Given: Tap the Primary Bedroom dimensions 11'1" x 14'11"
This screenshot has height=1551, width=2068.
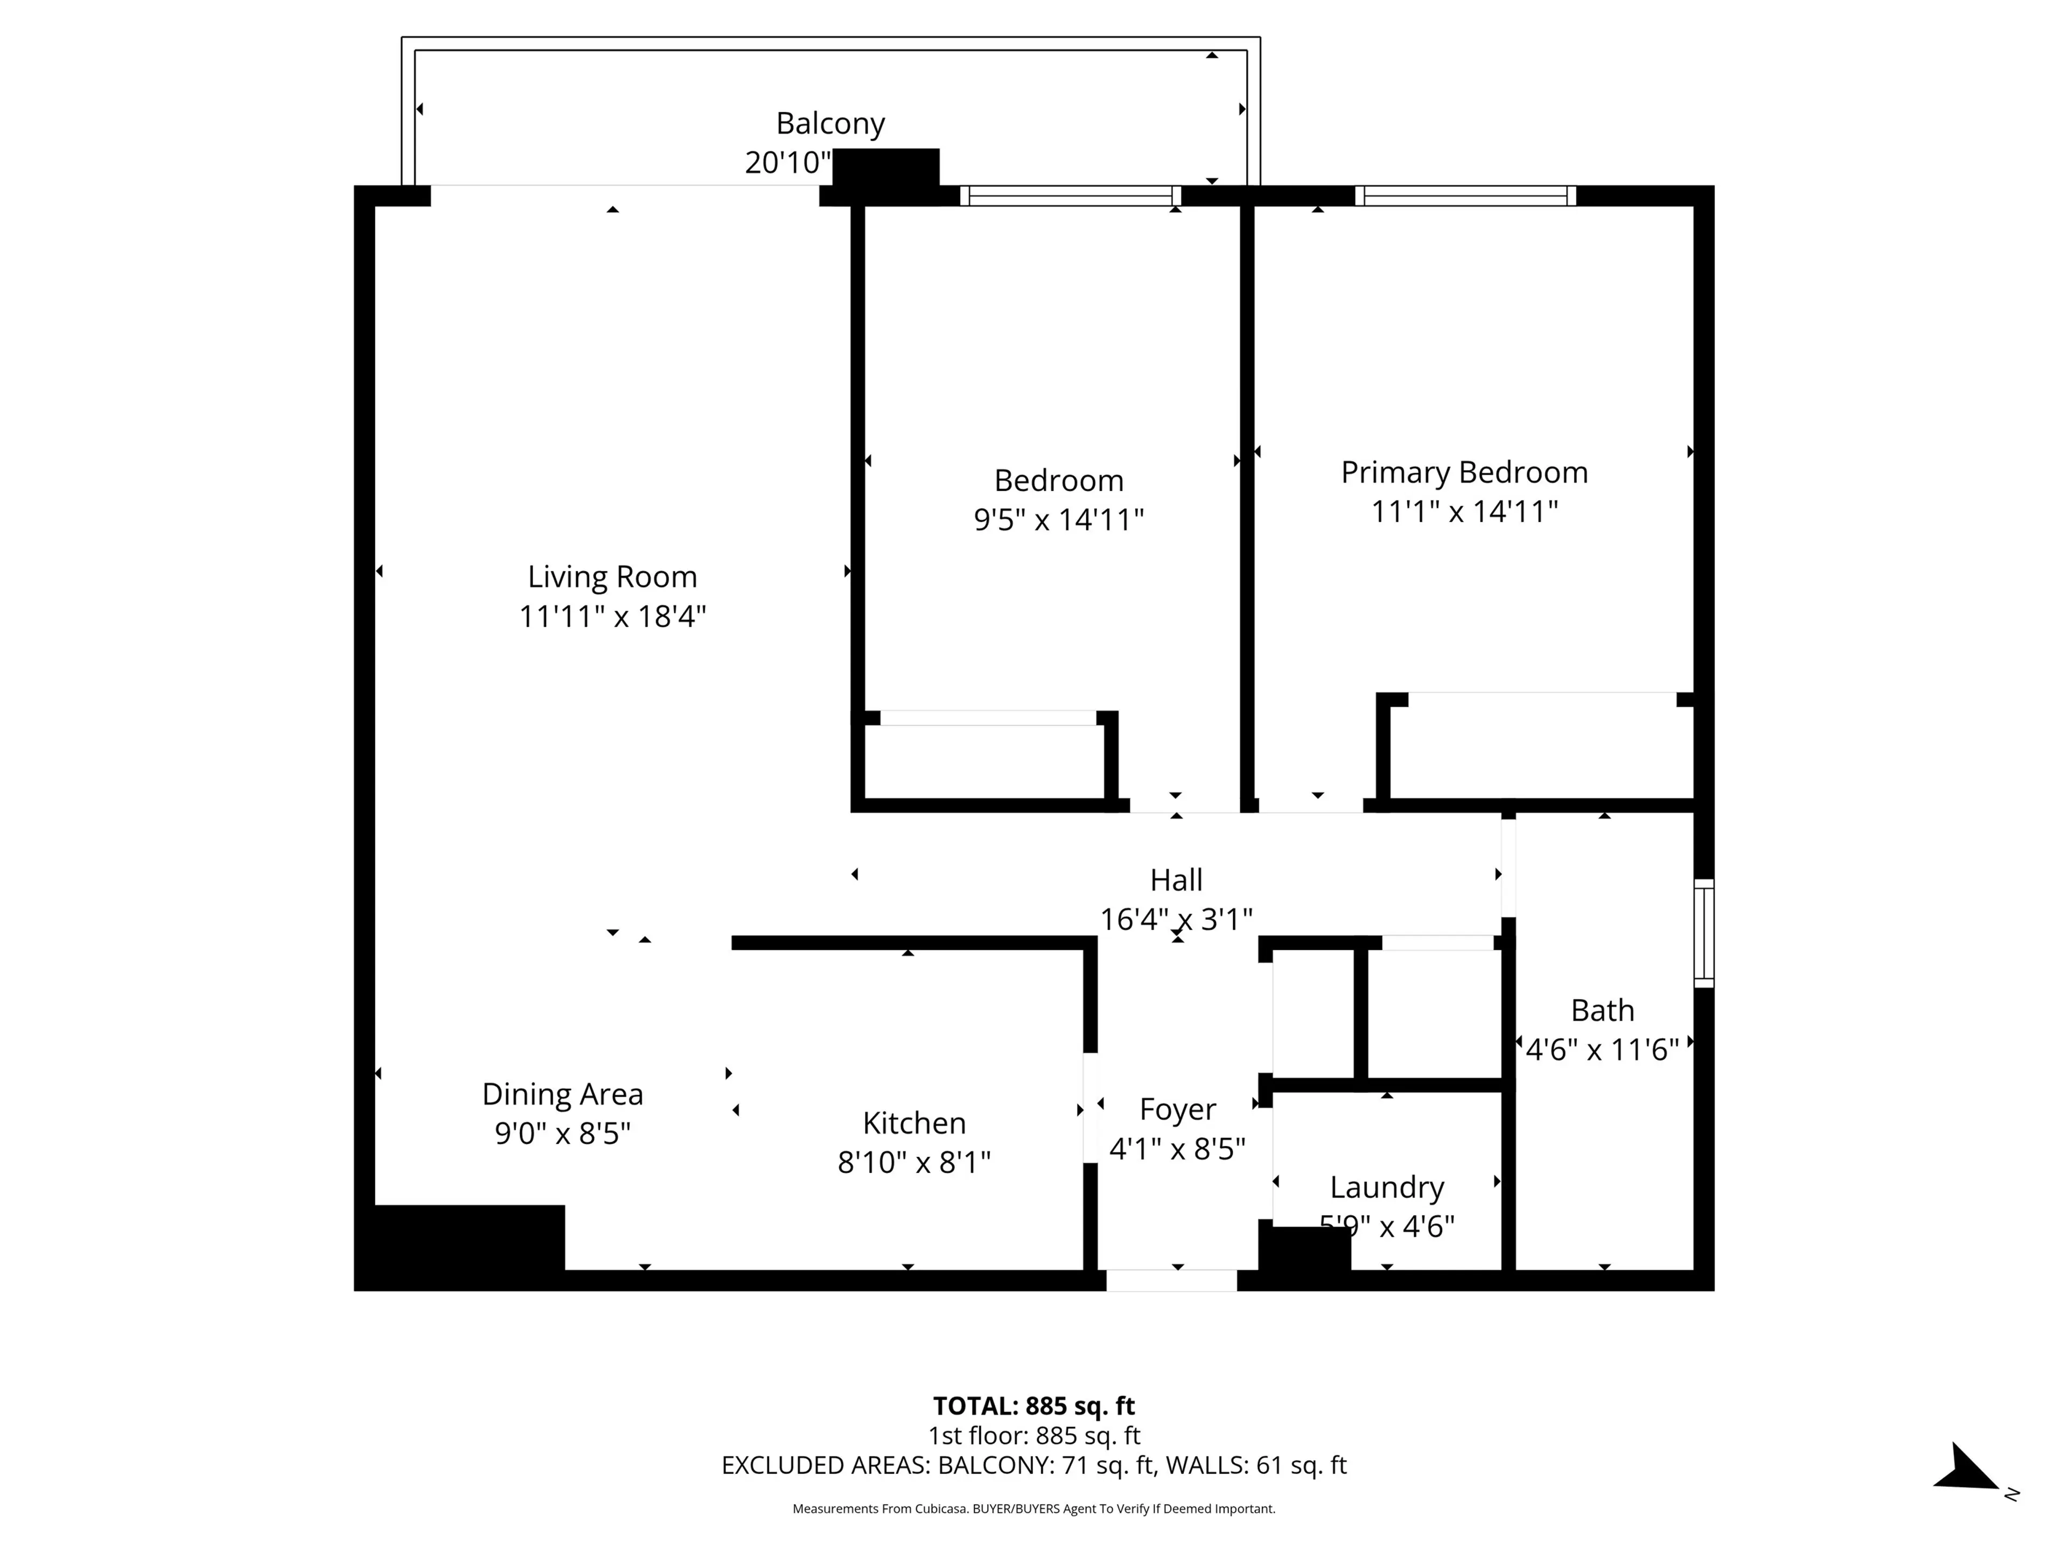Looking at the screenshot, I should (x=1464, y=512).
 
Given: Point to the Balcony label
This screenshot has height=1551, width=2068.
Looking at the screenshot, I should (x=830, y=123).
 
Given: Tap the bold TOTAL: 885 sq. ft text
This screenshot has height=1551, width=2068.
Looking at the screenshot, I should (x=1033, y=1406).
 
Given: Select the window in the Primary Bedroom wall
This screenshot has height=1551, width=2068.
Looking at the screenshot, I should (x=1464, y=195).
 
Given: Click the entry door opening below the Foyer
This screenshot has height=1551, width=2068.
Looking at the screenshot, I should (x=1171, y=1280).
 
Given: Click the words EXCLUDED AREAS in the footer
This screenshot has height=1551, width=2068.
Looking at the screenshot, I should (x=823, y=1465).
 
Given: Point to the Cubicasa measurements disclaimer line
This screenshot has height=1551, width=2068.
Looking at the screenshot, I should (x=1033, y=1509).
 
